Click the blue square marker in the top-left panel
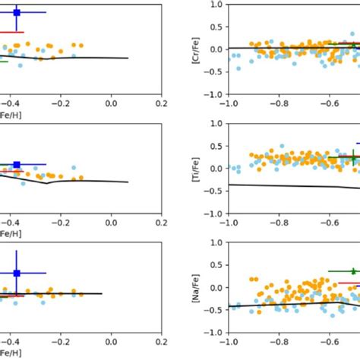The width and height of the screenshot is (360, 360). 17,13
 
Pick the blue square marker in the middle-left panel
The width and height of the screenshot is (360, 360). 17,164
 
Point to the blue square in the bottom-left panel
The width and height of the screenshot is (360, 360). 17,273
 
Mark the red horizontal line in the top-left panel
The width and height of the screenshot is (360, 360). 11,33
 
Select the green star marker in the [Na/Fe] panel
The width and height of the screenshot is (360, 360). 353,270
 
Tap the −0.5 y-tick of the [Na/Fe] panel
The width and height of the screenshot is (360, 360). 213,310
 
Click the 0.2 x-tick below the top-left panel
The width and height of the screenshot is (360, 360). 161,103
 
